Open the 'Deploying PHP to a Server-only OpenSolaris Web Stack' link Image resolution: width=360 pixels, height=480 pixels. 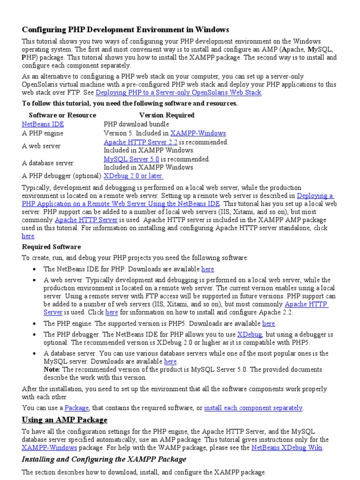tap(179, 93)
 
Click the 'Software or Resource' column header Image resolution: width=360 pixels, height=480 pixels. tap(62, 115)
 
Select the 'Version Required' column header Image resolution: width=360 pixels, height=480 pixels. tap(166, 115)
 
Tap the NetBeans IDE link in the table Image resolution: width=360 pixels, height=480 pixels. tap(43, 124)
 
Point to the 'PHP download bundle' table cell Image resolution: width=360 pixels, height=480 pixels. tap(136, 124)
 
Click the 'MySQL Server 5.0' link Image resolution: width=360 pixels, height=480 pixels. tap(131, 159)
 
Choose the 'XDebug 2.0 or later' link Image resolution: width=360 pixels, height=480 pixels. tap(133, 176)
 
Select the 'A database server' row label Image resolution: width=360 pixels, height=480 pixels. tap(48, 163)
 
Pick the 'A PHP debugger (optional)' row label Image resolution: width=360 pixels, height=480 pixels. tap(61, 176)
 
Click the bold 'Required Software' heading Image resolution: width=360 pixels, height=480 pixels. tap(51, 247)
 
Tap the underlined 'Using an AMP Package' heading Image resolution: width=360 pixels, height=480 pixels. tap(65, 420)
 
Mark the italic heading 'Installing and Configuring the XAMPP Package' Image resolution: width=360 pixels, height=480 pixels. tap(104, 459)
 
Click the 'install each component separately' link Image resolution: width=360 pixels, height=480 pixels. tap(253, 408)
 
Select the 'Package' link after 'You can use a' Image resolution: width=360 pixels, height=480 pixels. tap(76, 408)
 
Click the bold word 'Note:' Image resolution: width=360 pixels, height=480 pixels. tap(52, 370)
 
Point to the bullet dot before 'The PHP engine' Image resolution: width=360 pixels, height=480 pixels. tap(36, 324)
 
